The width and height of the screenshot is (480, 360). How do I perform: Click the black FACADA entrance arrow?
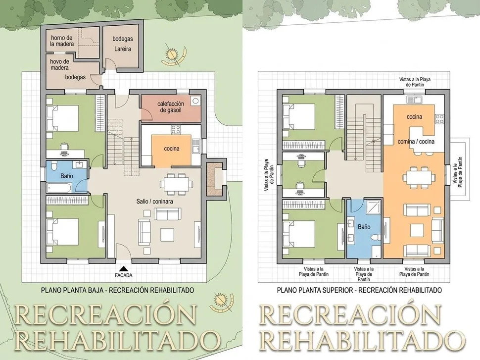click(123, 269)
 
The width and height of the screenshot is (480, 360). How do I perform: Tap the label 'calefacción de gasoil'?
click(171, 106)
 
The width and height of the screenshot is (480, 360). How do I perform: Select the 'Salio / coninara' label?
click(154, 202)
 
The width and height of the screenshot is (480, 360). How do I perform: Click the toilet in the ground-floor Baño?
click(54, 165)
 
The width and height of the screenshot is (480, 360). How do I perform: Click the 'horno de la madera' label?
click(62, 41)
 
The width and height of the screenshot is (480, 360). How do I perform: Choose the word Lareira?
click(122, 49)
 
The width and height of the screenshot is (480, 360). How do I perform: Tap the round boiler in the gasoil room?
click(194, 101)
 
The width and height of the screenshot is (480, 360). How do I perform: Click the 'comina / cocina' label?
click(416, 141)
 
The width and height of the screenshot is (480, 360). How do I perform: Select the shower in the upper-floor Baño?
click(373, 208)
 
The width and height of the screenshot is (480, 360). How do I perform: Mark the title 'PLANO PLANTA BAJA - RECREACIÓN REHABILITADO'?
click(118, 290)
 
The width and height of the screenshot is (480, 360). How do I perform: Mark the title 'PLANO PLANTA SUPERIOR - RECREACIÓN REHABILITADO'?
click(359, 290)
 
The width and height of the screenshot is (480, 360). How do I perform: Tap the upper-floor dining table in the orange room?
click(419, 177)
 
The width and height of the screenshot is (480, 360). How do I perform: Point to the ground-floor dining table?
click(176, 184)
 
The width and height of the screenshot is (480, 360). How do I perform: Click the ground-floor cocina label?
click(172, 149)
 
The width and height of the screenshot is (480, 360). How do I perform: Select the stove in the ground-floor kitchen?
click(176, 129)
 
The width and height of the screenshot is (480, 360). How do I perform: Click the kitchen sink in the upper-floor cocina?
click(414, 99)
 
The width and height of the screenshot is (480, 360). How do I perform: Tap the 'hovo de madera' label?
click(59, 64)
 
